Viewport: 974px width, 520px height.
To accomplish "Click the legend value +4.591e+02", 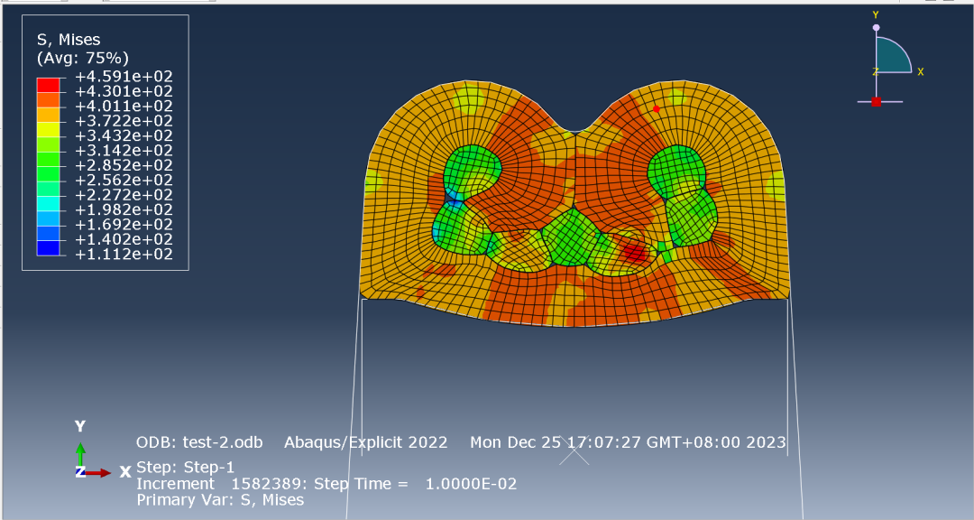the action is [x=124, y=77].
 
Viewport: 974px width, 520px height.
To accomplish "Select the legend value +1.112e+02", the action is [x=124, y=255].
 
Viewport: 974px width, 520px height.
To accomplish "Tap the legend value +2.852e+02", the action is [x=124, y=165].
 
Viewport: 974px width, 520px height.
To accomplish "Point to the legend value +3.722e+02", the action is [x=124, y=121].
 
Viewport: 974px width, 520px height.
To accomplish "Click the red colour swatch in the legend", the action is [x=49, y=85].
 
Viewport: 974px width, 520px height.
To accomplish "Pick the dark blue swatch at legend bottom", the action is [x=49, y=247].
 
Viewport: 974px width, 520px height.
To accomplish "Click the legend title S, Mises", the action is [x=69, y=40].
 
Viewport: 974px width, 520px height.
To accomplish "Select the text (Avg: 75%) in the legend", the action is [x=83, y=59].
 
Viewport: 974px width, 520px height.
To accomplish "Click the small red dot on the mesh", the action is [x=656, y=109].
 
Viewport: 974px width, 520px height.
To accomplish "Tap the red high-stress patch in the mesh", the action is [x=635, y=253].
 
